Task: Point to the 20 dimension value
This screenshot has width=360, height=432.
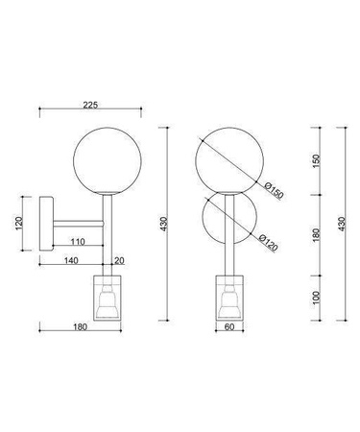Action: [x=119, y=260]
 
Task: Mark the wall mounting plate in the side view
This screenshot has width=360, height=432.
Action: [x=45, y=224]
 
